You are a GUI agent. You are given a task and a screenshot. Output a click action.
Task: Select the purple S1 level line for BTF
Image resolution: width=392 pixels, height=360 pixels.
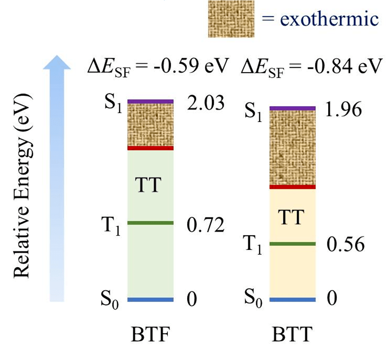click(151, 101)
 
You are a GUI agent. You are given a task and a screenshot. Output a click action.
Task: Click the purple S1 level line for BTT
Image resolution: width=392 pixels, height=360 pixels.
click(292, 108)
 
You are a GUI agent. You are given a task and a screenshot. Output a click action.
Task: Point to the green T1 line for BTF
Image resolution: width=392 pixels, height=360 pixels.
click(151, 223)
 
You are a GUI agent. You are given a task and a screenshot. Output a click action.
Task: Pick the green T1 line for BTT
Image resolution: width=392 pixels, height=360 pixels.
click(292, 243)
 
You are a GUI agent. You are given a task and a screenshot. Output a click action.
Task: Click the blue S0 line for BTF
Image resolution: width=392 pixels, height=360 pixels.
click(151, 299)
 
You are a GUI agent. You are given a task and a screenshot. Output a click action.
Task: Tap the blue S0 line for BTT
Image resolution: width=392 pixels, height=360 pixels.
click(292, 299)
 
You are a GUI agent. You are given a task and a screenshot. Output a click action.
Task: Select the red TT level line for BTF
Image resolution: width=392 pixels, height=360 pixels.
click(151, 148)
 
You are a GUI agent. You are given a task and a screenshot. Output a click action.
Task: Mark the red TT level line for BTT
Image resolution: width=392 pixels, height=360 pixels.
click(292, 187)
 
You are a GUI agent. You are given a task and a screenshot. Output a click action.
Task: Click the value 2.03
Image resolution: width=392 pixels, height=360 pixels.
click(205, 104)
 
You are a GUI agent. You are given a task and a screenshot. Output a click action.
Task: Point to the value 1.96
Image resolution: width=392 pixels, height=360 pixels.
click(344, 110)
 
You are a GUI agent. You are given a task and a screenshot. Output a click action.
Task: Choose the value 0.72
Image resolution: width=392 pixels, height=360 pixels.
click(205, 225)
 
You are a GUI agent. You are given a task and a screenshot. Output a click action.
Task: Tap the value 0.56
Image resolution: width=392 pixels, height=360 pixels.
click(345, 244)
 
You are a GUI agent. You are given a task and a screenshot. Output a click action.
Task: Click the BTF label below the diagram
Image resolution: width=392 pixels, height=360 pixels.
click(150, 335)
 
